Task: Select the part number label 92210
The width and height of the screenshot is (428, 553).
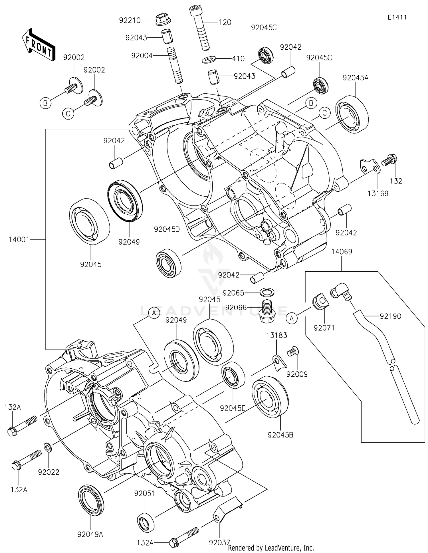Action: click(x=130, y=21)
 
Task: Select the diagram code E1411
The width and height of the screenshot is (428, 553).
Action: click(x=397, y=17)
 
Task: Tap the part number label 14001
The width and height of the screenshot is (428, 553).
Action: click(x=19, y=239)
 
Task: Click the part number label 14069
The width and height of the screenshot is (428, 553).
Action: click(x=342, y=252)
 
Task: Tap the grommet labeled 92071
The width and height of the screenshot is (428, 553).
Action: click(x=319, y=302)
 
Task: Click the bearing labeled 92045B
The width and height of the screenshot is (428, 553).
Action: click(x=270, y=397)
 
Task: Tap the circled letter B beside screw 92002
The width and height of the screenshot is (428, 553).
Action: click(x=45, y=103)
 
